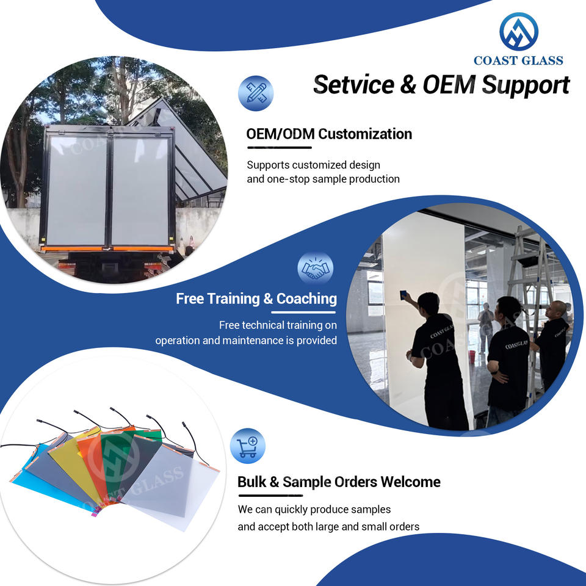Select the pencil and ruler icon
[255, 93]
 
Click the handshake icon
[315, 269]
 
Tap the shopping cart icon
[247, 446]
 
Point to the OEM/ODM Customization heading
[328, 134]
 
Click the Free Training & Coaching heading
[256, 298]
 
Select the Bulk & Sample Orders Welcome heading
[339, 482]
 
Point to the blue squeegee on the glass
[404, 295]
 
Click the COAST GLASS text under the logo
[518, 60]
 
